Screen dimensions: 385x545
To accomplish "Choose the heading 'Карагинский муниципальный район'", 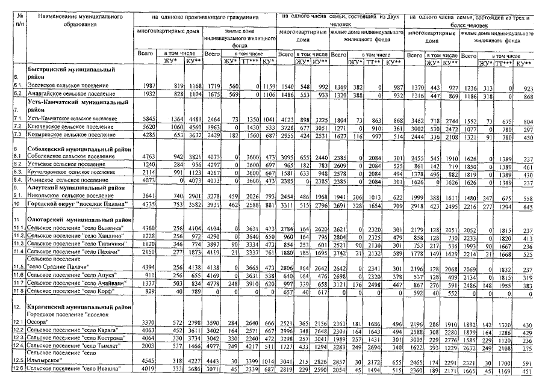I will [79, 307].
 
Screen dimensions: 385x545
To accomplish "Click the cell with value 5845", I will [146, 119].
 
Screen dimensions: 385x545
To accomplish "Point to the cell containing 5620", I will [146, 128].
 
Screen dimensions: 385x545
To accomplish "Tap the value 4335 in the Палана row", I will [146, 205].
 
